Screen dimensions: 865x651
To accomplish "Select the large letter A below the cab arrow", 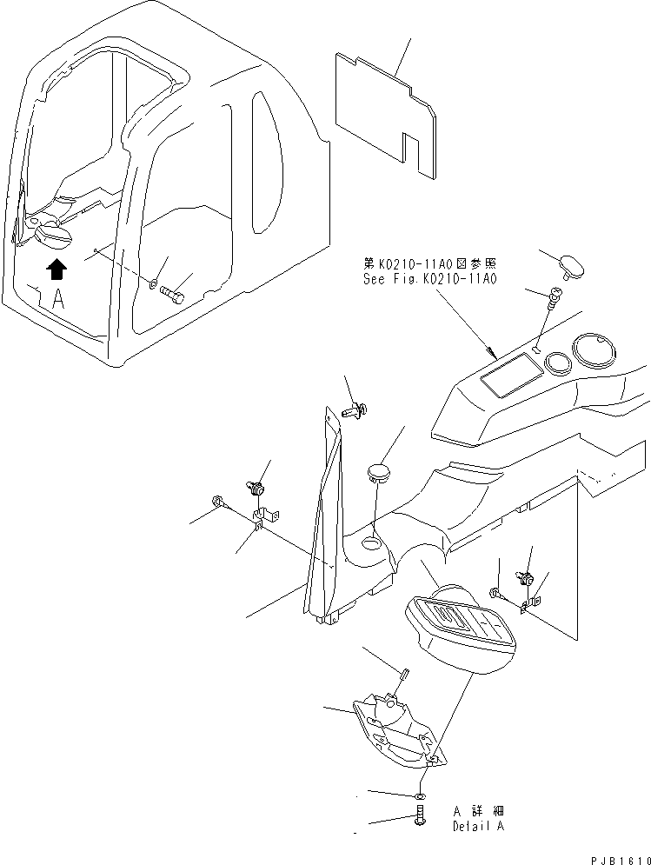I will click(x=58, y=300).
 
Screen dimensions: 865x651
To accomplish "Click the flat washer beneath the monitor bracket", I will click(x=420, y=794).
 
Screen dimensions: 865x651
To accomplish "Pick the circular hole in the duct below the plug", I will click(x=372, y=544).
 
